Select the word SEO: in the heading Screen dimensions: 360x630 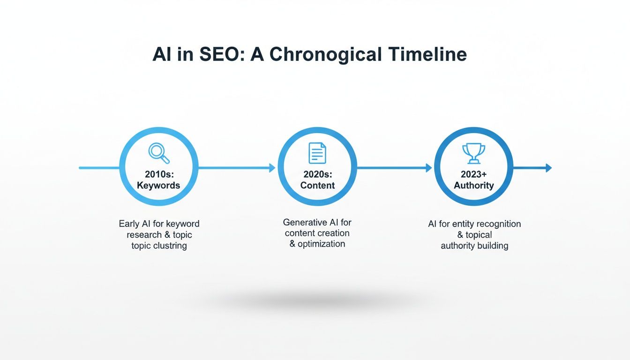[216, 55]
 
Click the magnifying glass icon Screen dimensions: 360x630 [158, 152]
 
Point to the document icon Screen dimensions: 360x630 [317, 153]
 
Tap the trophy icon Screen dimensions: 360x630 [473, 153]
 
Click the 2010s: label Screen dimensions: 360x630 [158, 174]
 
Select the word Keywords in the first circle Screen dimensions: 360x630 [158, 185]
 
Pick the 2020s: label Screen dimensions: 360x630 [317, 174]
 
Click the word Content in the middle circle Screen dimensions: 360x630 [317, 185]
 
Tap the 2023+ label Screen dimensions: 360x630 [473, 174]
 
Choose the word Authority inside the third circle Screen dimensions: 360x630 [473, 185]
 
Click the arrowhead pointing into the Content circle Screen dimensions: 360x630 [272, 168]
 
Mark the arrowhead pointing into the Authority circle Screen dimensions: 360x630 [429, 168]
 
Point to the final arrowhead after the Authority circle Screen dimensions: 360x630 [549, 168]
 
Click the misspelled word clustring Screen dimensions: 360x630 [169, 246]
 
